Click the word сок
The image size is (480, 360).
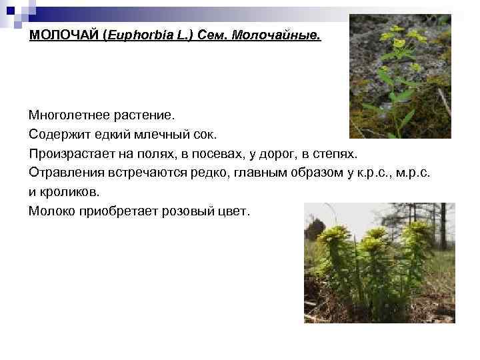pos(204,135)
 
